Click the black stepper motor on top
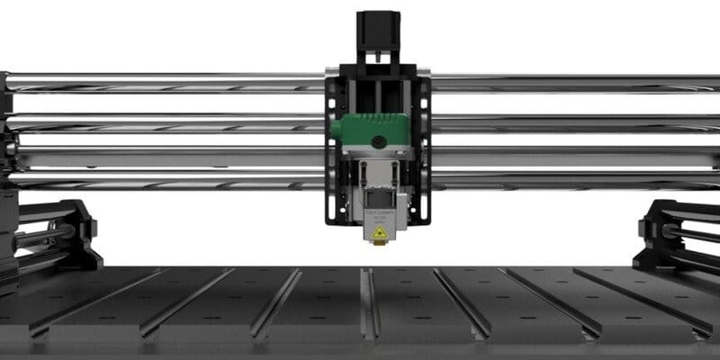pyautogui.click(x=378, y=31)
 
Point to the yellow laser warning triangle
pyautogui.click(x=380, y=232)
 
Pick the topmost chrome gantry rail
pyautogui.click(x=162, y=82)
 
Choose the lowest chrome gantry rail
pyautogui.click(x=162, y=181)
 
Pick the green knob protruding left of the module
pyautogui.click(x=334, y=130)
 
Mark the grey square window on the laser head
pyautogui.click(x=379, y=192)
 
